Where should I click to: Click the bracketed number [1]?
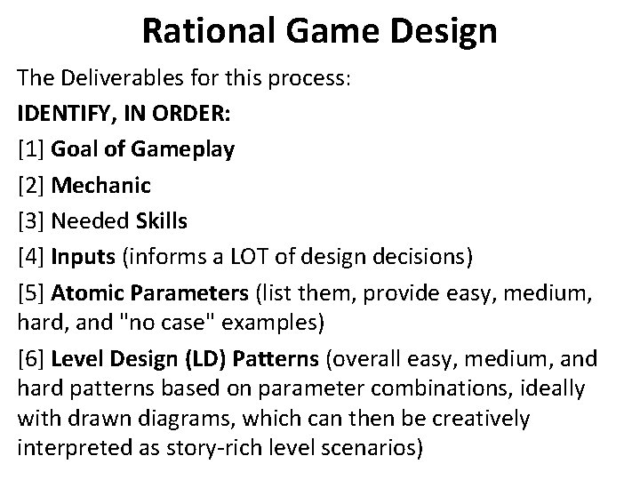(32, 148)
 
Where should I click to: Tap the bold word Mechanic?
(101, 185)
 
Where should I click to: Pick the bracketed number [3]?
(32, 220)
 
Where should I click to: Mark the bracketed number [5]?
(32, 293)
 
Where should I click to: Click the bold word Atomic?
(84, 293)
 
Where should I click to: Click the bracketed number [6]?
(32, 359)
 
